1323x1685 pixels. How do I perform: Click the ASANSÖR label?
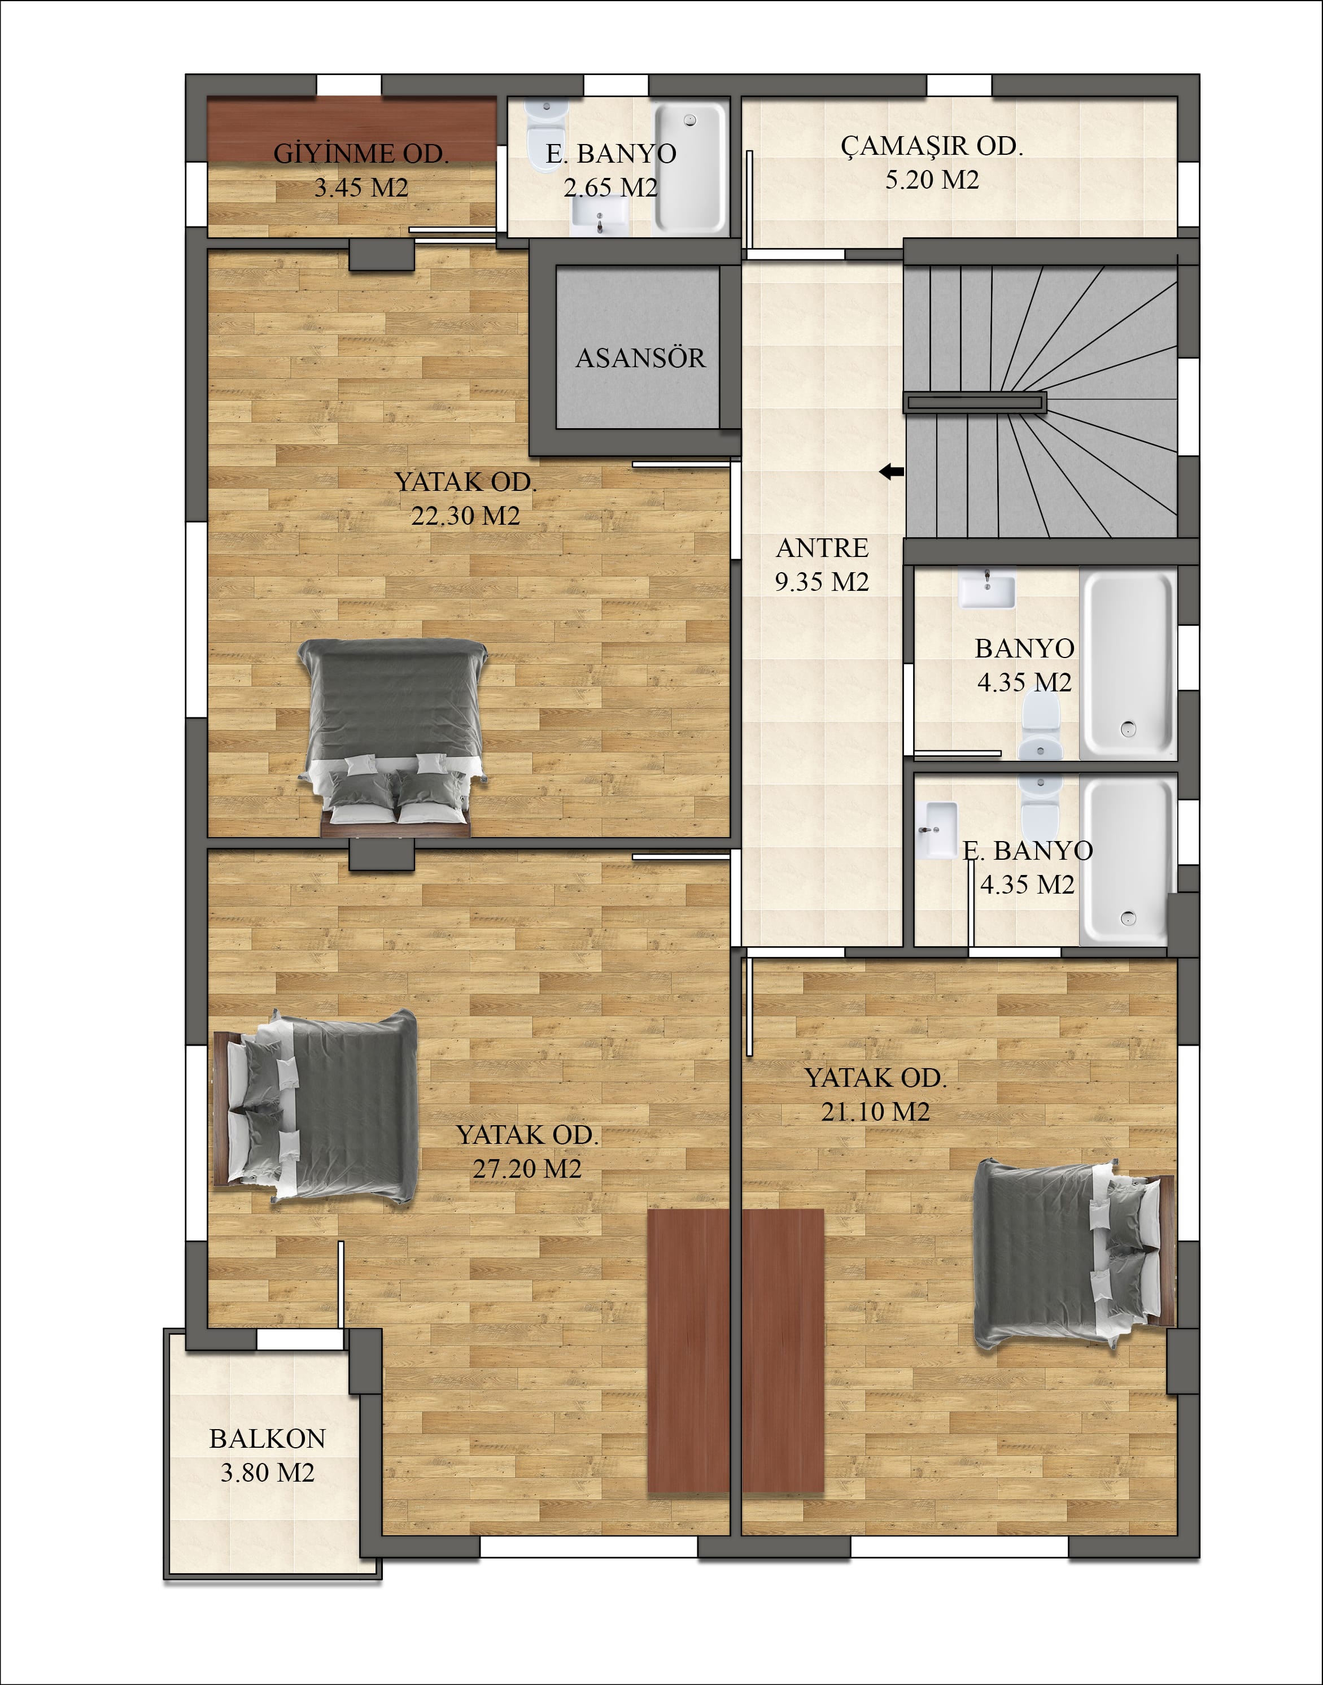(640, 358)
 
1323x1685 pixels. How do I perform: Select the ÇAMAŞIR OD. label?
(932, 146)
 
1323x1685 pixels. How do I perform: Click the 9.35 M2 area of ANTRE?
(822, 581)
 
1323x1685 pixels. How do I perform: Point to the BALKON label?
(267, 1439)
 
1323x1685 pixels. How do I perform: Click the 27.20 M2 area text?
(527, 1168)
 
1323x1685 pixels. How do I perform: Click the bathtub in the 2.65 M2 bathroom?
(690, 169)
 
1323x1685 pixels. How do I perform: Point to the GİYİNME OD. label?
(361, 154)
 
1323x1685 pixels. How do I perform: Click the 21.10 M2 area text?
(875, 1112)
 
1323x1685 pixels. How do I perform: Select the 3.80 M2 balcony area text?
(267, 1472)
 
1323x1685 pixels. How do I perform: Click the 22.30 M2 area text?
(465, 515)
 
